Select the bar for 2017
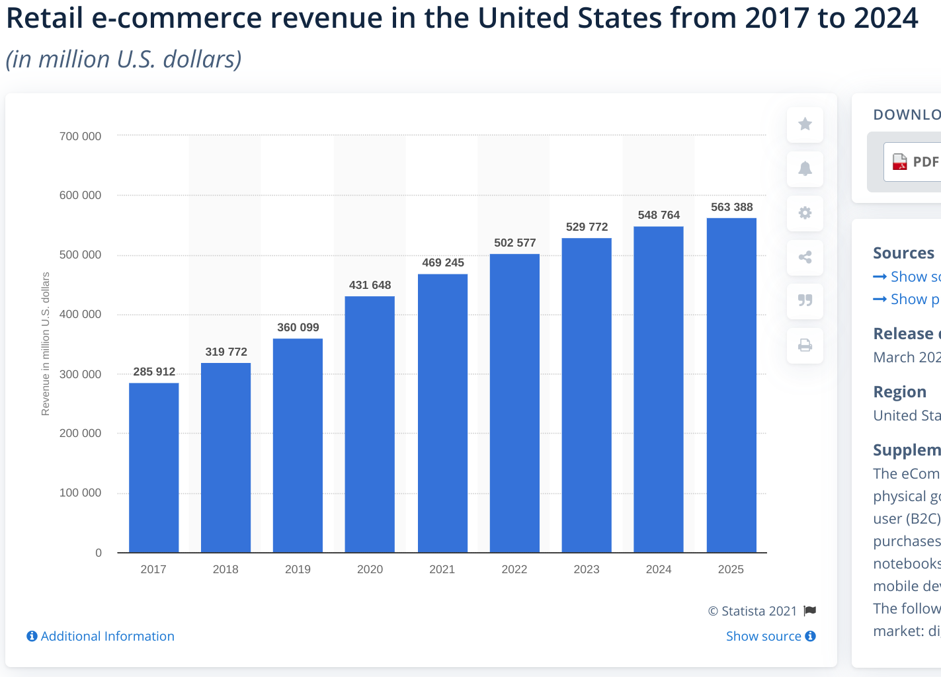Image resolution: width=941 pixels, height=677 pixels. click(153, 467)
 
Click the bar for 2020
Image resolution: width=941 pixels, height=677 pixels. click(370, 424)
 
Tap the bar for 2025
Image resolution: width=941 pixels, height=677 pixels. click(731, 385)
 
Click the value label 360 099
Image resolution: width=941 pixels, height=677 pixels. click(298, 327)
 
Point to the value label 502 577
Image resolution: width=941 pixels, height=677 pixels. click(514, 243)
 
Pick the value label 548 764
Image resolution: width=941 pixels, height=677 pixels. click(659, 215)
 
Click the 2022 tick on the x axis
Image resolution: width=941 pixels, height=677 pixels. click(514, 569)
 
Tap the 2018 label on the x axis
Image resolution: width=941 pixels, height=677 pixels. click(225, 569)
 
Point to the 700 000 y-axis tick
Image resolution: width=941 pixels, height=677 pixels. click(81, 136)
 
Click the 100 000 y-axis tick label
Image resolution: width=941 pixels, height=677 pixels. click(81, 493)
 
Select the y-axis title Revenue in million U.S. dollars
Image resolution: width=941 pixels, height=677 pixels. click(46, 344)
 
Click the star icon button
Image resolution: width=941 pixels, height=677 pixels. click(805, 124)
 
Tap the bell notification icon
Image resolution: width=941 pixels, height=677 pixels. click(805, 169)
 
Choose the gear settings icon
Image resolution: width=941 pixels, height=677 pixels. click(805, 213)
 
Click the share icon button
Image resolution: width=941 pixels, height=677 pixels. click(805, 257)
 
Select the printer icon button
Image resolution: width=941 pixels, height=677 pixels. click(805, 345)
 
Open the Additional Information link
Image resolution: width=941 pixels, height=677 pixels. click(101, 636)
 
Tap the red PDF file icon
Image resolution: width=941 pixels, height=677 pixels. click(900, 162)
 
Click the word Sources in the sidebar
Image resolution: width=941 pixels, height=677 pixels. click(903, 253)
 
